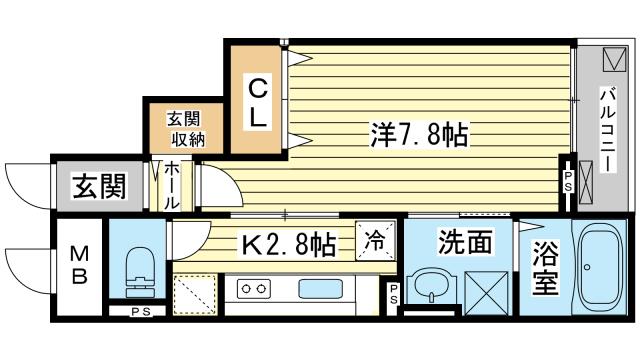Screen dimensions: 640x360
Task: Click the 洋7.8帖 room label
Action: [x=419, y=134]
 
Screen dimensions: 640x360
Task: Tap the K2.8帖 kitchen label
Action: [x=289, y=245]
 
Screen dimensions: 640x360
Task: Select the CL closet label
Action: [x=258, y=102]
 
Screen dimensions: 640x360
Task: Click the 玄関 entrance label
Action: [x=99, y=186]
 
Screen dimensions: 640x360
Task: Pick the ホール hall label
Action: [x=172, y=186]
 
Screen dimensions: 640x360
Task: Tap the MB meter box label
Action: [x=79, y=267]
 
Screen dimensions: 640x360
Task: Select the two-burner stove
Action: [x=254, y=289]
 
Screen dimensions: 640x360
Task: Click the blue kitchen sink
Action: [x=320, y=289]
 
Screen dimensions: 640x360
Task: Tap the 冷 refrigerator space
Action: [x=375, y=240]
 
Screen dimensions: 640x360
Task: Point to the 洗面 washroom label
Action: [x=464, y=242]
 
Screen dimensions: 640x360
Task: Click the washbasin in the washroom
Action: [x=432, y=286]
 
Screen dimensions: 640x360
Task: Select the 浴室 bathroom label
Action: [x=545, y=267]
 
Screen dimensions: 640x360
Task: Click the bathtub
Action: [x=599, y=268]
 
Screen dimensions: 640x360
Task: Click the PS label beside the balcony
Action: [x=568, y=181]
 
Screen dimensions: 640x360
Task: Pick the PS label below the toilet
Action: [x=141, y=312]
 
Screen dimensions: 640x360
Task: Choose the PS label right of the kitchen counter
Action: [x=393, y=294]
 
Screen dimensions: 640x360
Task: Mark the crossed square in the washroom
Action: [x=486, y=293]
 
